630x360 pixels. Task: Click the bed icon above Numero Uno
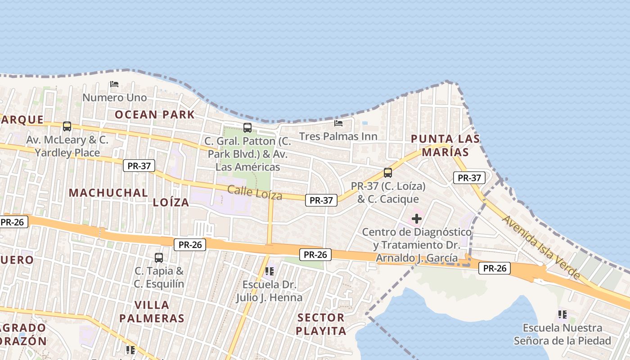pos(114,84)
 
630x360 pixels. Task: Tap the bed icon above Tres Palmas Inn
pos(338,123)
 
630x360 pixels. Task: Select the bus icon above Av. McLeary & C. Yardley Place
pos(67,126)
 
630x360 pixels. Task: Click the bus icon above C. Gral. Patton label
pos(247,127)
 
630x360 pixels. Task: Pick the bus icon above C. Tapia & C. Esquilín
pos(159,257)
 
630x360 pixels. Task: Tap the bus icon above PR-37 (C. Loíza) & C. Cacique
pos(387,172)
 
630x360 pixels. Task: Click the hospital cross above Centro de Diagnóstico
pos(417,219)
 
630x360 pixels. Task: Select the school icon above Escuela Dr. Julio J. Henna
pos(270,271)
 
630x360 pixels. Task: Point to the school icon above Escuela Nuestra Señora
pos(562,314)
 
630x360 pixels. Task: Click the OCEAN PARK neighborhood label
pos(155,114)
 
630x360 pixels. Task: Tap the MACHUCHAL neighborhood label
pos(108,193)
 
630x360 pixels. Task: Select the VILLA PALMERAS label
pos(152,311)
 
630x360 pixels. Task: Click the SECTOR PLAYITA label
pos(321,324)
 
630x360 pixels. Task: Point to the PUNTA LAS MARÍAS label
pos(445,145)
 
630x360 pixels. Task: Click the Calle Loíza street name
pos(255,193)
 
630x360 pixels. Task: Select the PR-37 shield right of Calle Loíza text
pos(321,200)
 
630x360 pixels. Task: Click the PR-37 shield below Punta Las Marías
pos(469,178)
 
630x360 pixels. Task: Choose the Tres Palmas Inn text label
pos(338,136)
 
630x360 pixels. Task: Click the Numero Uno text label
pos(114,97)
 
